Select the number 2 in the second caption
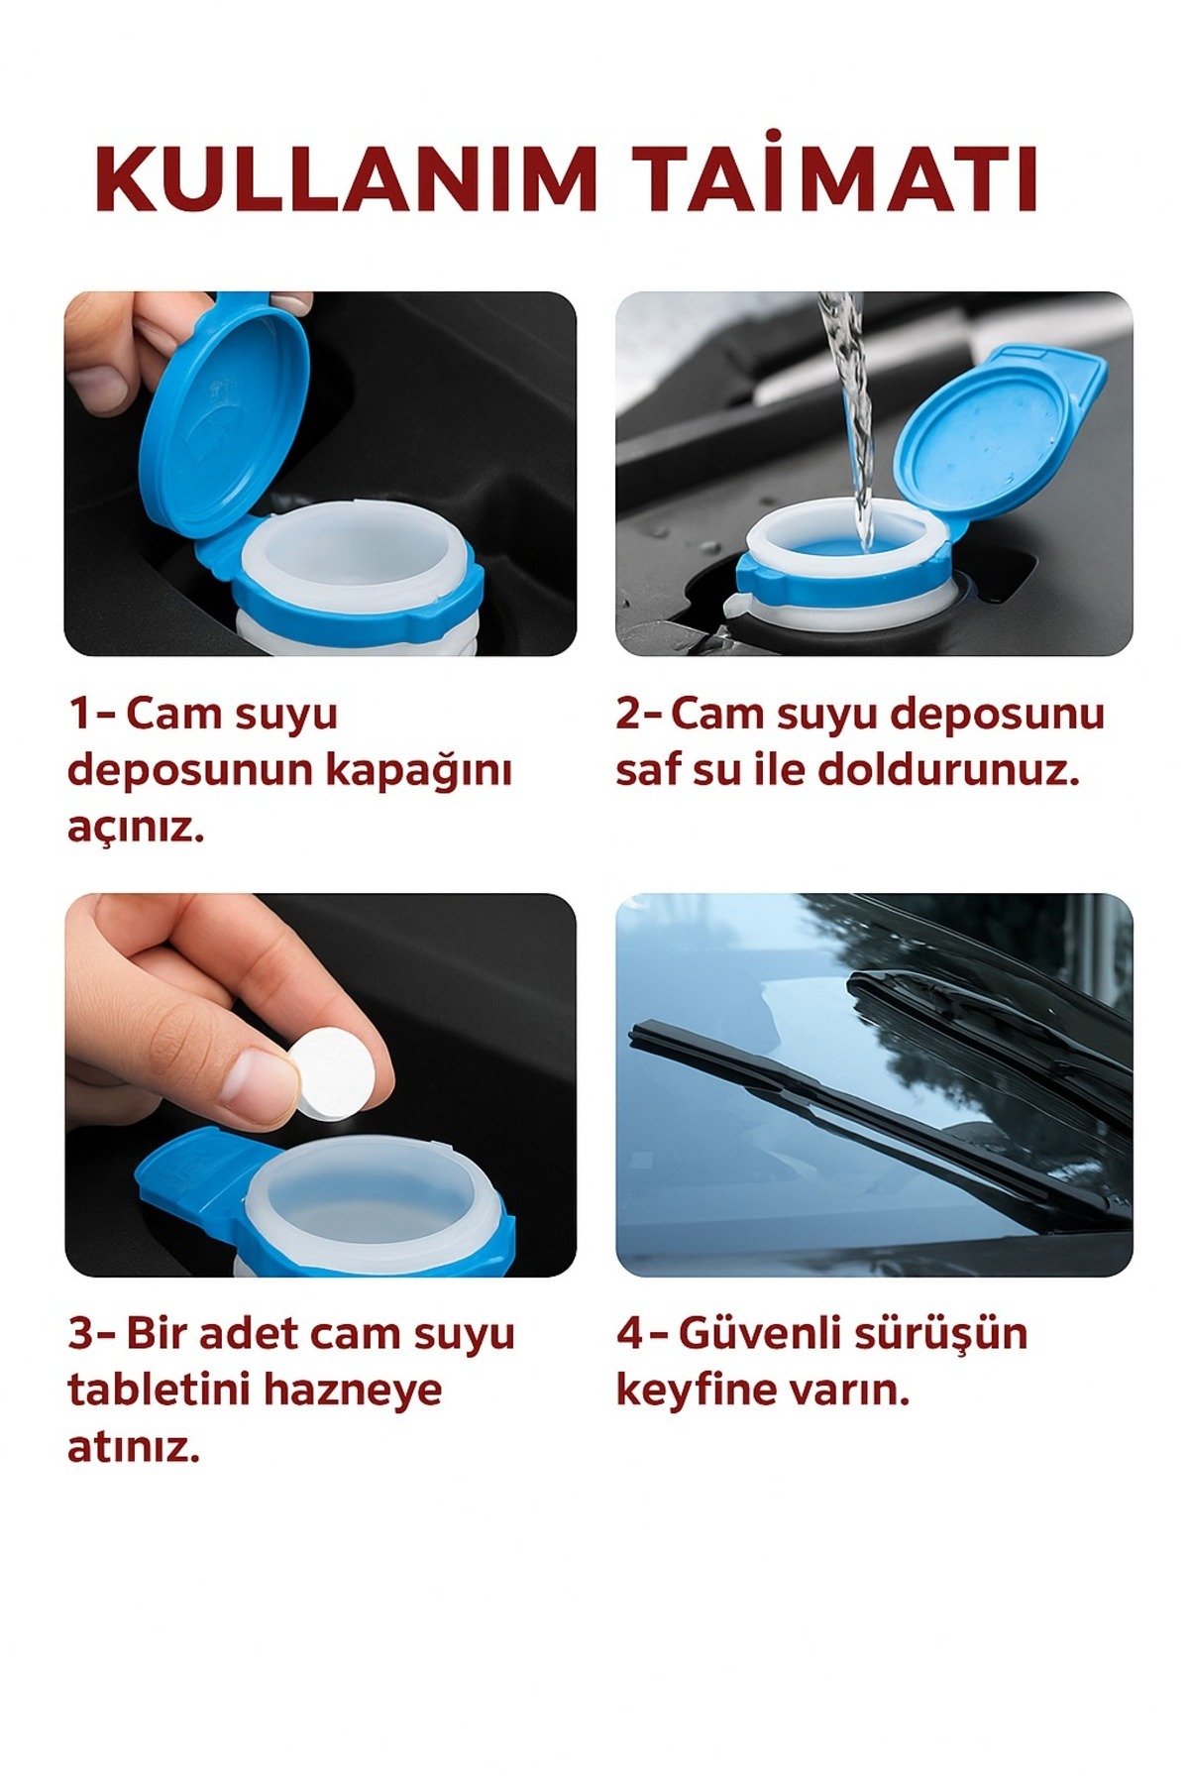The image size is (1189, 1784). (x=629, y=715)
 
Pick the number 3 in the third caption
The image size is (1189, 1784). (x=80, y=1334)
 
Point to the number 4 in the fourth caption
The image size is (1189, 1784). (x=630, y=1334)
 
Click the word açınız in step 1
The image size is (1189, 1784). (x=136, y=828)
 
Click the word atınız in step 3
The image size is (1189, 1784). (x=134, y=1446)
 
